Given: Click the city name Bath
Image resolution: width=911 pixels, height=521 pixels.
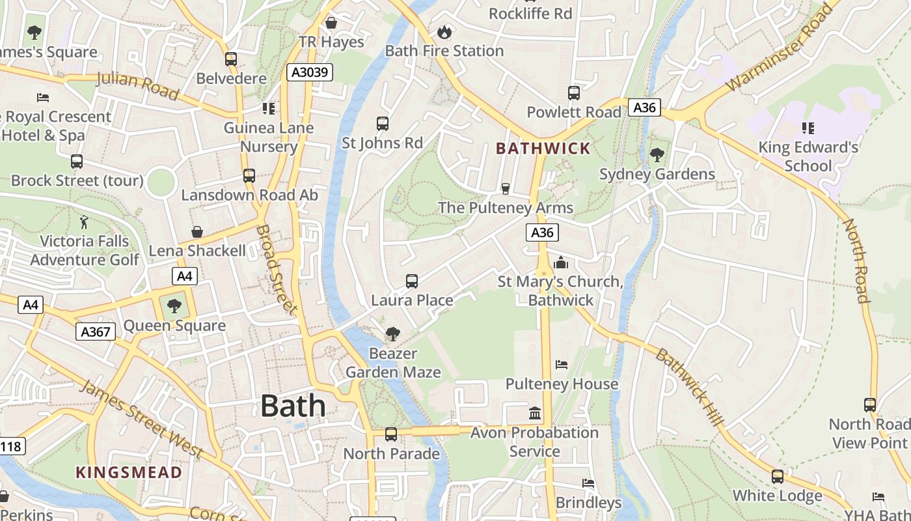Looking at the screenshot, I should (293, 406).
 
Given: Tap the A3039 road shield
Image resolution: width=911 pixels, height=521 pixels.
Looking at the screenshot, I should (310, 72).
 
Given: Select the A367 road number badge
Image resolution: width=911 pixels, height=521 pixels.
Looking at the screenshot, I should (96, 332).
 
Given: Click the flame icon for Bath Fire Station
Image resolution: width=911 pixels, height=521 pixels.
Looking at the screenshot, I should (444, 31).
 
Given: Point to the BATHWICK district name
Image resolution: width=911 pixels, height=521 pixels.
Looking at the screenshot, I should (543, 148).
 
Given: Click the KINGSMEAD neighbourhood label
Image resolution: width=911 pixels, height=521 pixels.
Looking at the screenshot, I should (129, 472).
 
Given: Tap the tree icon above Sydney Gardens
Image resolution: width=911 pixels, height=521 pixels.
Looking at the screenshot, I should (657, 155).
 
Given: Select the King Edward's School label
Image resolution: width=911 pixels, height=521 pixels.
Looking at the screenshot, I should (808, 156).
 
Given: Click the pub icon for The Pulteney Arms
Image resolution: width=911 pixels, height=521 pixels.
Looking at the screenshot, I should (505, 189).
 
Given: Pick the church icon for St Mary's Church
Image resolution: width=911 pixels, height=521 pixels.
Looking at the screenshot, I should (561, 262).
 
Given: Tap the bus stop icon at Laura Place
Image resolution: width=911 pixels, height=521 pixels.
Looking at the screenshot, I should (412, 281).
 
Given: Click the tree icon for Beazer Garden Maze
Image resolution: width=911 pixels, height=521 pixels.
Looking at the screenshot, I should (392, 334).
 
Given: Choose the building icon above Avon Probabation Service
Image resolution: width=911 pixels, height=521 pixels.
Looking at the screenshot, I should (535, 413).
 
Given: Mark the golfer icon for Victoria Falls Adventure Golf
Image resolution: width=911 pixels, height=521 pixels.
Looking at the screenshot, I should (84, 222).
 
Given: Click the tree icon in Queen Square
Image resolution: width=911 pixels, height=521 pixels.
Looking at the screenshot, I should (174, 305).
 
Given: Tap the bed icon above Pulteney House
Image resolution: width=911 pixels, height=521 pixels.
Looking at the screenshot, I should (562, 365).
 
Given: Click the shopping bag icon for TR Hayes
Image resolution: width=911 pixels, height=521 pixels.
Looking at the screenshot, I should (331, 23).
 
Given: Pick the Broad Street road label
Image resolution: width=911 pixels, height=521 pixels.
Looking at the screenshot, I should (277, 269).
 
